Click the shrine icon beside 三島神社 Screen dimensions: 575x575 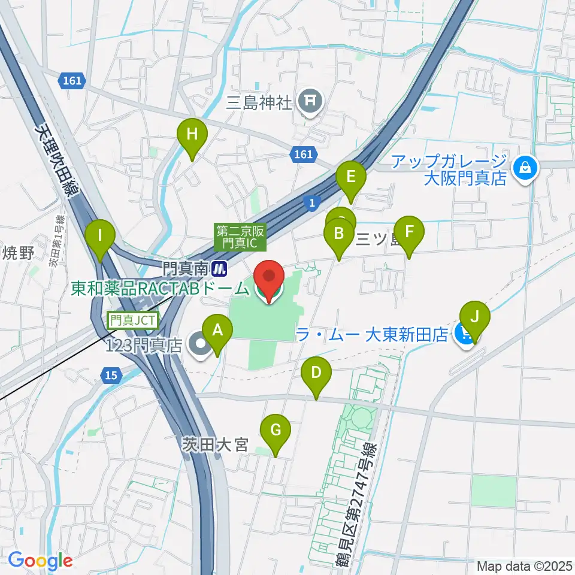pos(310,99)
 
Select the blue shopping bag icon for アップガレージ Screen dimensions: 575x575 pos(525,168)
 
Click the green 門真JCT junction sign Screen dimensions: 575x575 pos(132,320)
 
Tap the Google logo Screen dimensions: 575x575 pos(40,561)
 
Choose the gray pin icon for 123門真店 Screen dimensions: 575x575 pos(198,344)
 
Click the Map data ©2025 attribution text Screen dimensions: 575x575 pos(524,565)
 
